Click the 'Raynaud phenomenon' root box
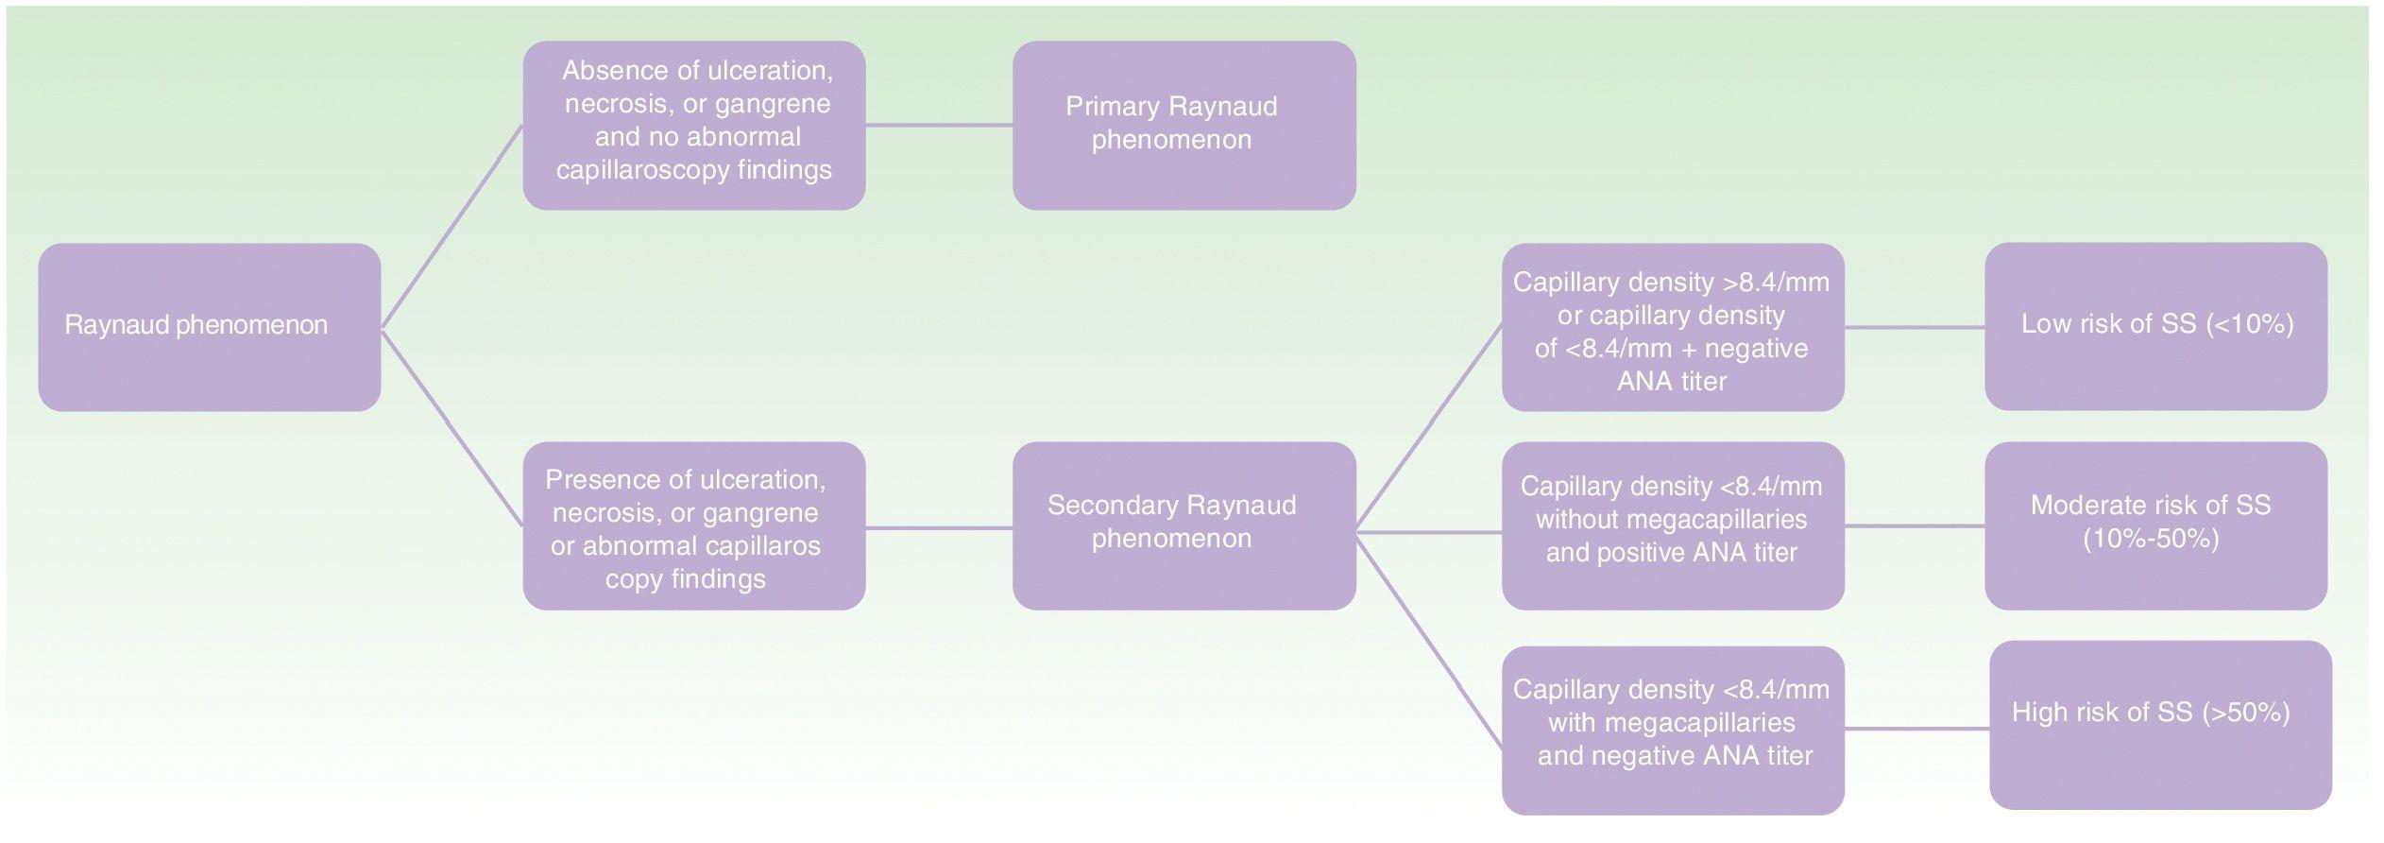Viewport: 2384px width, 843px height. click(x=209, y=327)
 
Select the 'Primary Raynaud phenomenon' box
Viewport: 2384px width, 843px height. click(x=1183, y=125)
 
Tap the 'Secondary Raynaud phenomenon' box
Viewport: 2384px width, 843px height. click(x=1183, y=525)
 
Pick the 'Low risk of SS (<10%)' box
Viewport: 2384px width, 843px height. click(x=2155, y=326)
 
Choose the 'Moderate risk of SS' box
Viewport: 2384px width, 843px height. click(x=2155, y=525)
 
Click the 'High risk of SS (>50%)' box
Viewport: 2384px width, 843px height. click(x=2160, y=725)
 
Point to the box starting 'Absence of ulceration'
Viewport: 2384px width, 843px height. click(x=694, y=125)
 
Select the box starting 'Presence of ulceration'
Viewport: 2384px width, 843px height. click(x=694, y=525)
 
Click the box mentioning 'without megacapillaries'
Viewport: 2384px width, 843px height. click(x=1673, y=525)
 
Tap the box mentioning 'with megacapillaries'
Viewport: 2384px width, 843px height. click(x=1673, y=730)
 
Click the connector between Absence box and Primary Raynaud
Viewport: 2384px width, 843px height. click(x=939, y=125)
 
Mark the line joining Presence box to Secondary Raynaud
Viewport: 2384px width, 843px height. click(x=939, y=528)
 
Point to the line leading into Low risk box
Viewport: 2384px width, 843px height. click(x=1914, y=327)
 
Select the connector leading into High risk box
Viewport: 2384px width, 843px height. click(x=1916, y=729)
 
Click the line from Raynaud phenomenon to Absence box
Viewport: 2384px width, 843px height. click(x=451, y=227)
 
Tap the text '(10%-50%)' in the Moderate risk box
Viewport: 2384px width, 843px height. click(x=2151, y=539)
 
